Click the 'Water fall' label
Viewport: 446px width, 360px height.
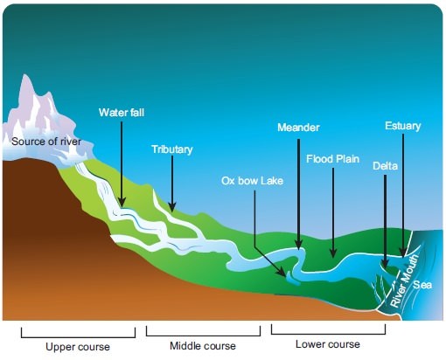(122, 113)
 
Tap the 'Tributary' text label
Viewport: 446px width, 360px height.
(172, 149)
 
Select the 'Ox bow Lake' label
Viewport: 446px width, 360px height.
(252, 181)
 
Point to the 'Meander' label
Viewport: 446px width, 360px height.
(298, 128)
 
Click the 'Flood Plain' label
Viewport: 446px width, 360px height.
(332, 159)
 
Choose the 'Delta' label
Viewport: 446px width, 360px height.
(385, 166)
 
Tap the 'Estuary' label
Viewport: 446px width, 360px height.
(403, 126)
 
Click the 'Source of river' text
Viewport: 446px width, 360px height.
(46, 142)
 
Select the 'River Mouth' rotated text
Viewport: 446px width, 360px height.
(404, 281)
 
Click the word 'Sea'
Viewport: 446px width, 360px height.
(422, 285)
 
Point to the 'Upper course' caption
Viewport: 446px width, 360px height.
(78, 347)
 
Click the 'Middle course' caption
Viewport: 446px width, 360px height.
(203, 346)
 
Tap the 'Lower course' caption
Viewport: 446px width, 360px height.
(328, 344)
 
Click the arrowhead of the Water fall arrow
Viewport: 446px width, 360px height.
(122, 202)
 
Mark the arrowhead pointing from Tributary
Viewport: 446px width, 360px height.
(172, 207)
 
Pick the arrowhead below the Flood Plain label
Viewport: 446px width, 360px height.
(333, 253)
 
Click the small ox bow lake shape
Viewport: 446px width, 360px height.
(291, 278)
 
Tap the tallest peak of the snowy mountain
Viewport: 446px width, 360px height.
(26, 75)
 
